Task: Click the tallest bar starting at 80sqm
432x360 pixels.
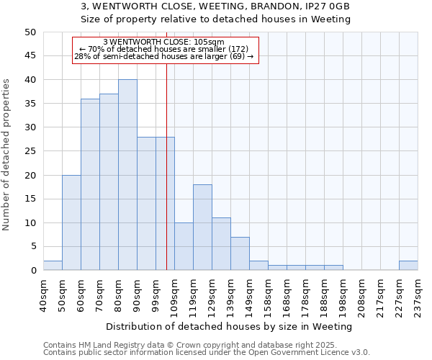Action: pyautogui.click(x=127, y=175)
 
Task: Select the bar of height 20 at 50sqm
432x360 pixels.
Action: pyautogui.click(x=71, y=222)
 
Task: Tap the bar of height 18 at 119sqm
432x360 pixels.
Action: pyautogui.click(x=202, y=228)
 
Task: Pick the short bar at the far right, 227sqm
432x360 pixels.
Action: pyautogui.click(x=408, y=266)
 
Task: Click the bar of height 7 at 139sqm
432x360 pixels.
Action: pyautogui.click(x=240, y=253)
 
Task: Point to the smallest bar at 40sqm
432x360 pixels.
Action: pyautogui.click(x=53, y=266)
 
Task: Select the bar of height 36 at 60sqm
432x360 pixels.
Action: pyautogui.click(x=90, y=184)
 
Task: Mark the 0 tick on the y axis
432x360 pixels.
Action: pyautogui.click(x=33, y=271)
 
